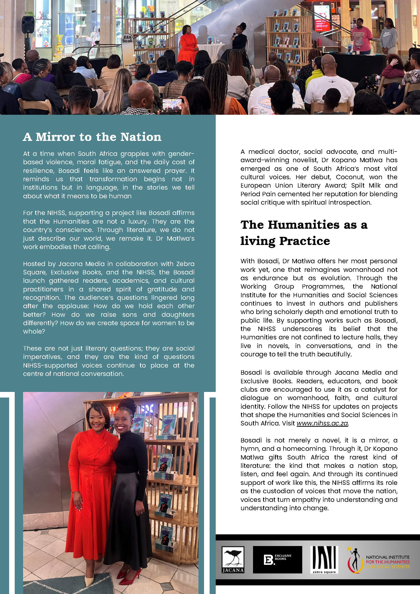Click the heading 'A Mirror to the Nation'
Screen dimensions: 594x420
(92, 137)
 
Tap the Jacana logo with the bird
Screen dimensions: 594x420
(233, 559)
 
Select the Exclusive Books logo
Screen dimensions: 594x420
(277, 559)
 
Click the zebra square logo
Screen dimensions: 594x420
(324, 559)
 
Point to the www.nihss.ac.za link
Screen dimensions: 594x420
(322, 423)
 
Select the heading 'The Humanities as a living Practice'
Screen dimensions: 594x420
(304, 233)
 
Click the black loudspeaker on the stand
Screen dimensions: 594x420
(28, 24)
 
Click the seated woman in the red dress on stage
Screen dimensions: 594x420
(189, 44)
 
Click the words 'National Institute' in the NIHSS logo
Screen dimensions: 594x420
(388, 557)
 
